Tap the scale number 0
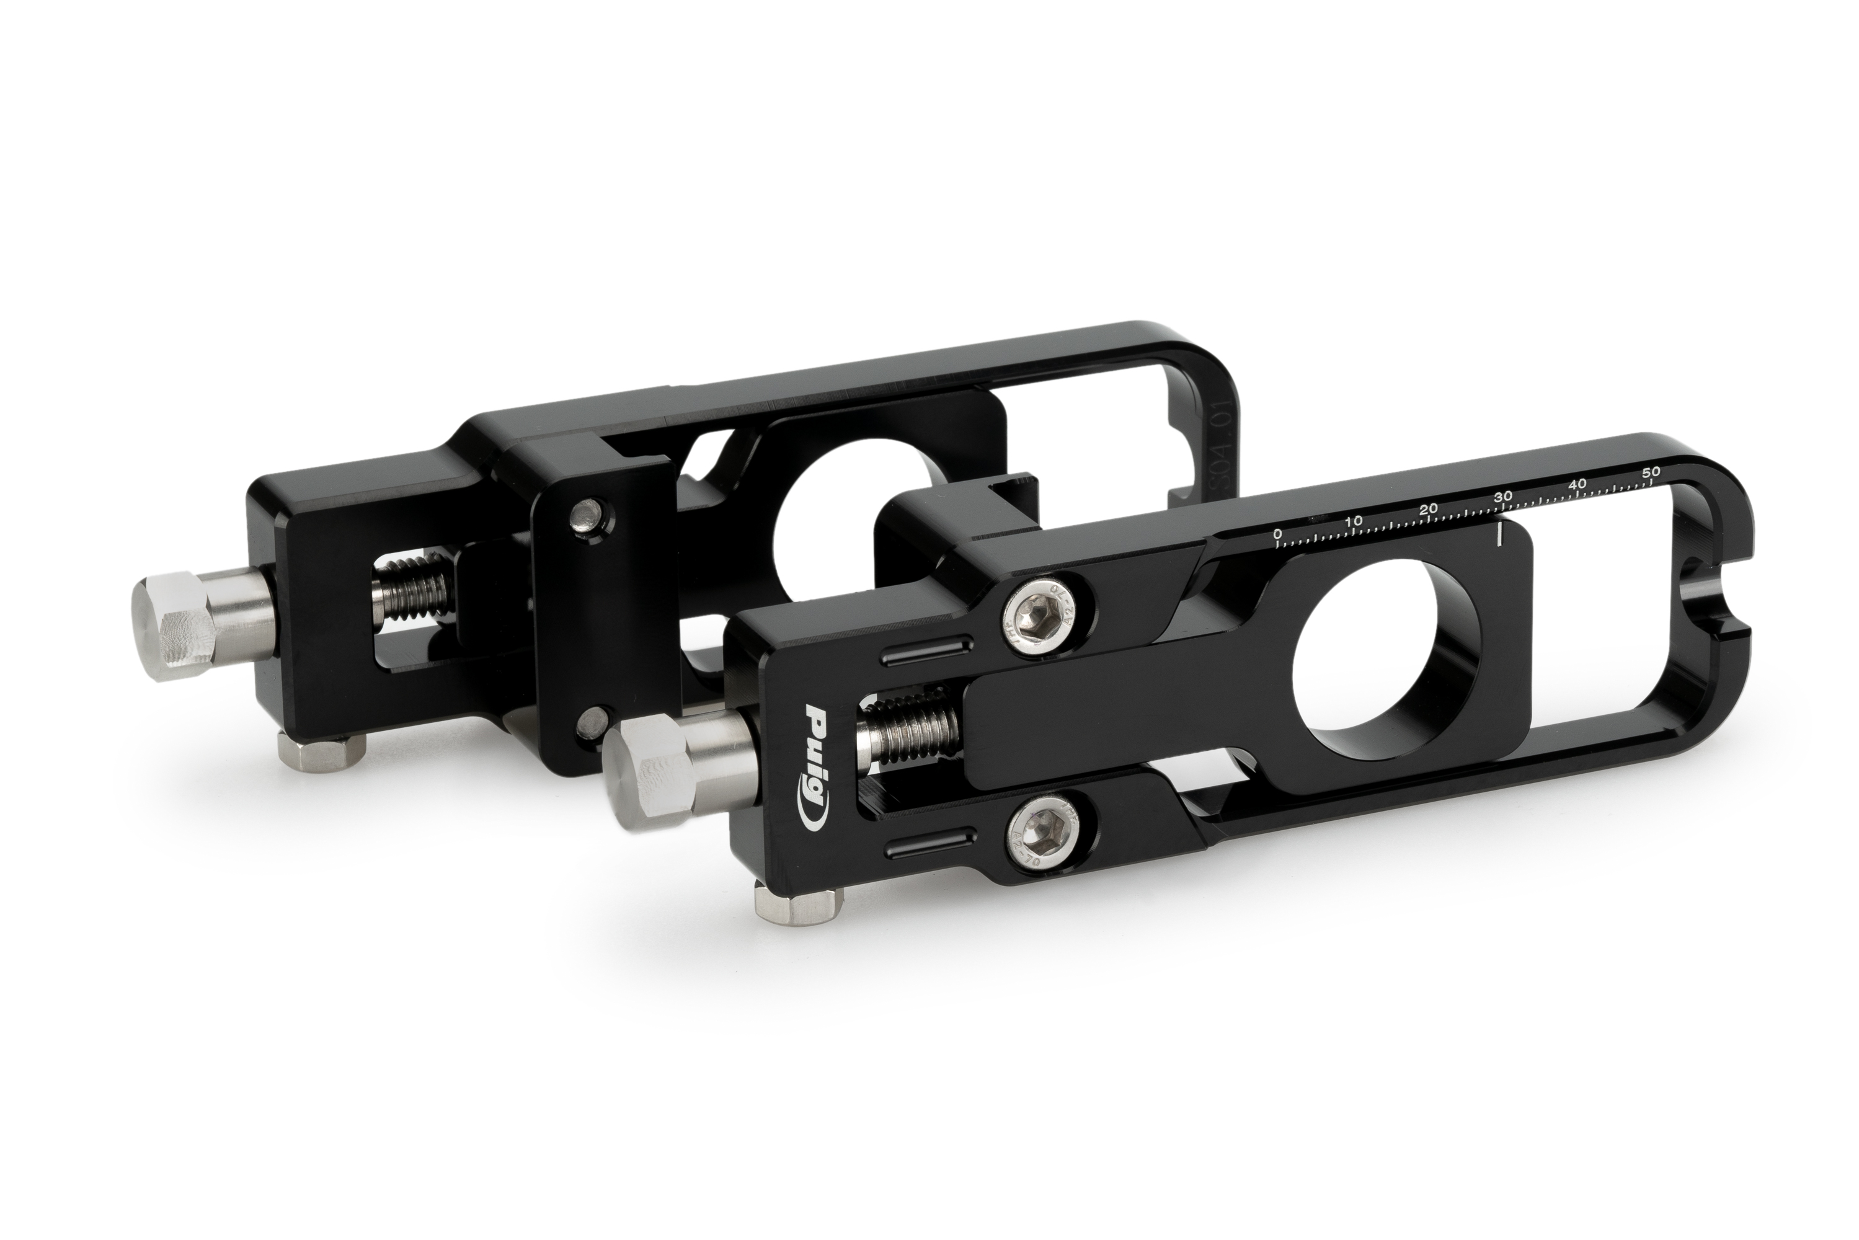(x=1277, y=534)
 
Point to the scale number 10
(x=1354, y=521)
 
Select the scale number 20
(x=1428, y=508)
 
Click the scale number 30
(x=1502, y=496)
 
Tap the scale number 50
(x=1651, y=471)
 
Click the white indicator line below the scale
(x=1499, y=534)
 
